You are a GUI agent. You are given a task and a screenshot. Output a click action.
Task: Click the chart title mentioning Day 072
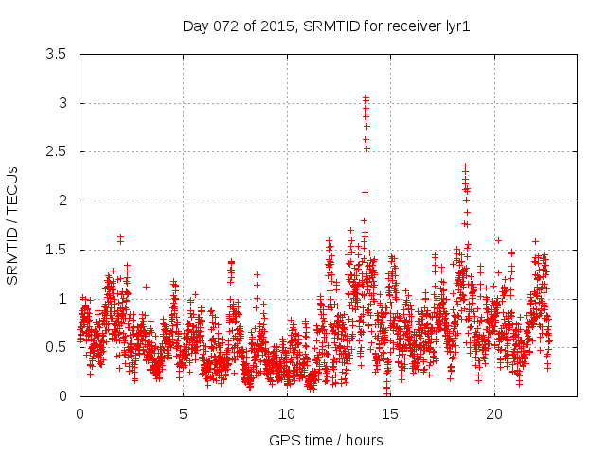[326, 26]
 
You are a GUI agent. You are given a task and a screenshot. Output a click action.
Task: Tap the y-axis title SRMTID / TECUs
[13, 225]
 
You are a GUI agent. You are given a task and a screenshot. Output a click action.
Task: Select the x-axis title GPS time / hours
[326, 440]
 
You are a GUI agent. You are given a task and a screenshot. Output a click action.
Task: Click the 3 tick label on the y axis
[62, 103]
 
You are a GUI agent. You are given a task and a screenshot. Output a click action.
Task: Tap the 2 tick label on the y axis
[62, 201]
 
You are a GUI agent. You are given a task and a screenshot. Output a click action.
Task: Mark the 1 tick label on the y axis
[62, 299]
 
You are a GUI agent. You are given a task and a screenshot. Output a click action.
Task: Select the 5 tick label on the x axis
[183, 413]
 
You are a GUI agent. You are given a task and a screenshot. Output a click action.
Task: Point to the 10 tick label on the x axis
[287, 413]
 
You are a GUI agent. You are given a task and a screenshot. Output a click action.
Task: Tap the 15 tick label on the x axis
[390, 413]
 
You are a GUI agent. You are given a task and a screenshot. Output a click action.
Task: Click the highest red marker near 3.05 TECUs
[365, 97]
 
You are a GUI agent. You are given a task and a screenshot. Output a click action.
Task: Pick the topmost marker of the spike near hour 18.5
[465, 166]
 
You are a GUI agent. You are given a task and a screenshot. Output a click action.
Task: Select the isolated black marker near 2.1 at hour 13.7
[365, 192]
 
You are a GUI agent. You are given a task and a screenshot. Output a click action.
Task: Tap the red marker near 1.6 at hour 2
[120, 237]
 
